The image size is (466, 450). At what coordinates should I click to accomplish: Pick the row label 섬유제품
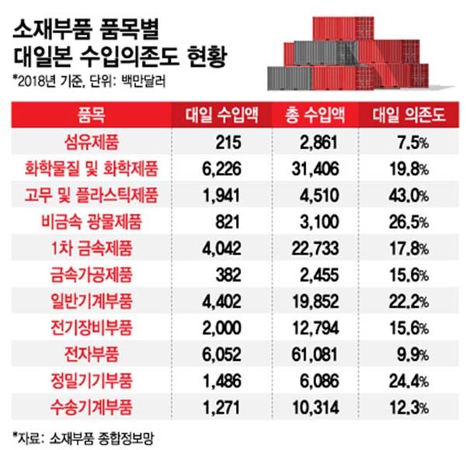point(91,141)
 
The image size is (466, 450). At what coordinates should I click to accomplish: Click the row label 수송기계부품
point(91,405)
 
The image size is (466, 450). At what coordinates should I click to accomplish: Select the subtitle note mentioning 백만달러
point(89,78)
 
